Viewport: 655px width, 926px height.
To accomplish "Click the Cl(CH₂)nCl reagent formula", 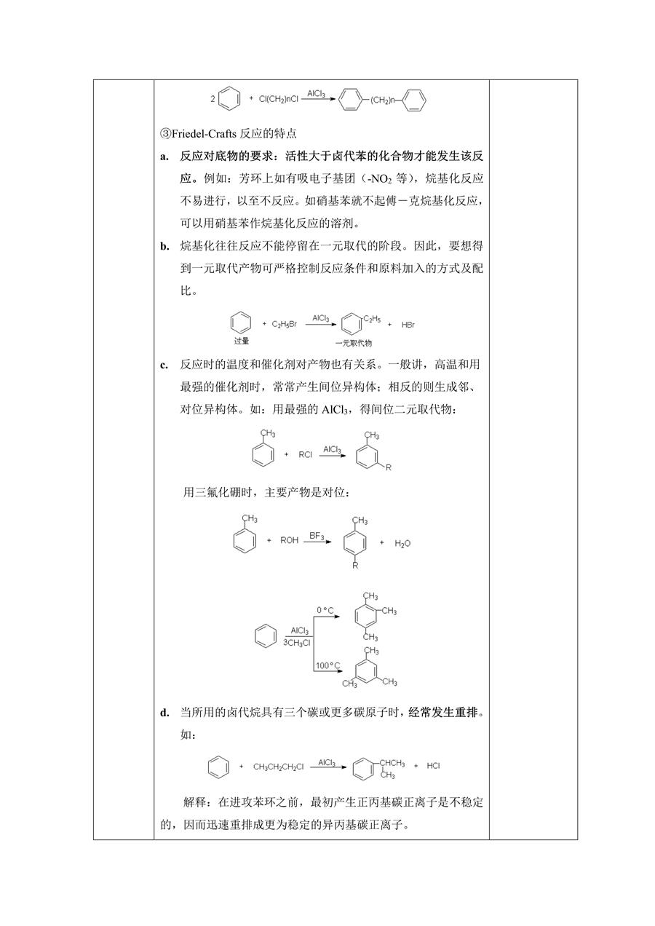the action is click(x=279, y=99).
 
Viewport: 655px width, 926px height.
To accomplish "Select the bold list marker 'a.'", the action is click(x=164, y=157).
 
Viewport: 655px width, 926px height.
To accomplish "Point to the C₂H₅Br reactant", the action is click(x=285, y=325).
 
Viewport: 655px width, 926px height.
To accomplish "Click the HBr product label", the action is click(x=408, y=325).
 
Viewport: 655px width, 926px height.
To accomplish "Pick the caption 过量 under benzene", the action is click(x=242, y=341).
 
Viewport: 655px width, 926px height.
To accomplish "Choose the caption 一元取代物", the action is click(x=354, y=343).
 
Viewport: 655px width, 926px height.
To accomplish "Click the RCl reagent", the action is click(x=305, y=455).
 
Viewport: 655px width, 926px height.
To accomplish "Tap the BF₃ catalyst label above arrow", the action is click(x=317, y=536).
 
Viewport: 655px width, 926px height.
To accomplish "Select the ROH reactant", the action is click(x=289, y=540).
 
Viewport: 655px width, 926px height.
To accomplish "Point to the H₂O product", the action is click(x=402, y=543).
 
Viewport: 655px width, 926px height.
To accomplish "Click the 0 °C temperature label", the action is click(x=325, y=610).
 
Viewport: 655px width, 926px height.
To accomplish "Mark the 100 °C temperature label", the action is click(x=328, y=665).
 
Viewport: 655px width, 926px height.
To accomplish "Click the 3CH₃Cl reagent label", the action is click(x=297, y=643).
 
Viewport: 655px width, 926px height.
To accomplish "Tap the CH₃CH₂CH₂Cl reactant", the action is click(x=278, y=767).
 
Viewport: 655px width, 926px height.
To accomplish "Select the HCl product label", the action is click(x=433, y=766).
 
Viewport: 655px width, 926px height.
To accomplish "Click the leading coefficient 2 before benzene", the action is click(x=213, y=99).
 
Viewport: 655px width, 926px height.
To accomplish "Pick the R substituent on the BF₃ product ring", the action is click(x=355, y=566).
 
